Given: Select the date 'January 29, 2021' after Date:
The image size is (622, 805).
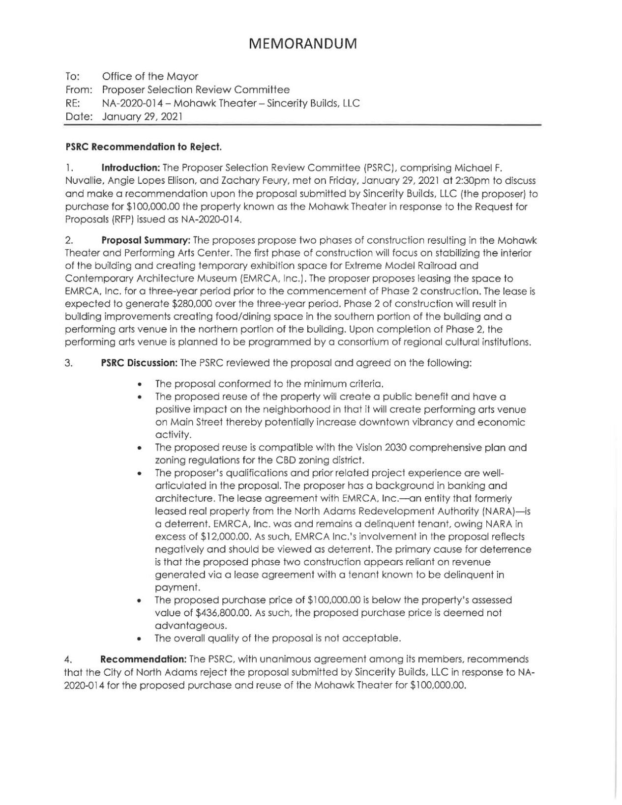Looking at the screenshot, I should [143, 117].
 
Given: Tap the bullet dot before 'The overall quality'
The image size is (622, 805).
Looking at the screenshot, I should [141, 639].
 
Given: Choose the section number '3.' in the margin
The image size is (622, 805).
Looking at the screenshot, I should [68, 363].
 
